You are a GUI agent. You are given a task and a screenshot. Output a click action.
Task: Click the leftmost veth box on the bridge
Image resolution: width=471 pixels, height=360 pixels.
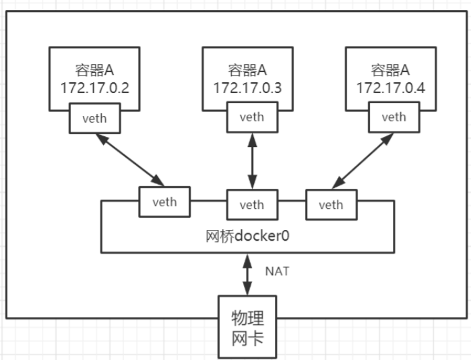coord(164,202)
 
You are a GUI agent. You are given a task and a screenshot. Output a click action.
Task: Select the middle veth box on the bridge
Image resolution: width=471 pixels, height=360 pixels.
coord(251,204)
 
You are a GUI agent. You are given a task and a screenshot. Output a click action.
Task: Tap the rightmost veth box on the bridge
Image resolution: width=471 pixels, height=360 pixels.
coord(330,204)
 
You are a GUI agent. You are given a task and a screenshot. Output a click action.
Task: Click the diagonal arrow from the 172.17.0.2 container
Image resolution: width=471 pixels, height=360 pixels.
coord(129,159)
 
